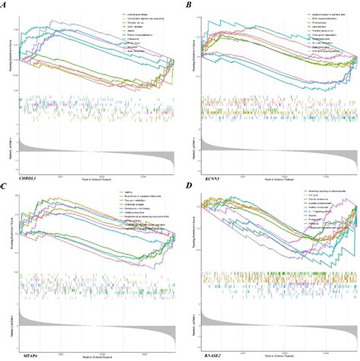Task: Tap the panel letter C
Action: [6, 185]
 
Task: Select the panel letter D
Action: [189, 185]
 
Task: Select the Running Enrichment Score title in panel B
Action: [196, 53]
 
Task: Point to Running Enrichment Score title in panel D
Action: [196, 232]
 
